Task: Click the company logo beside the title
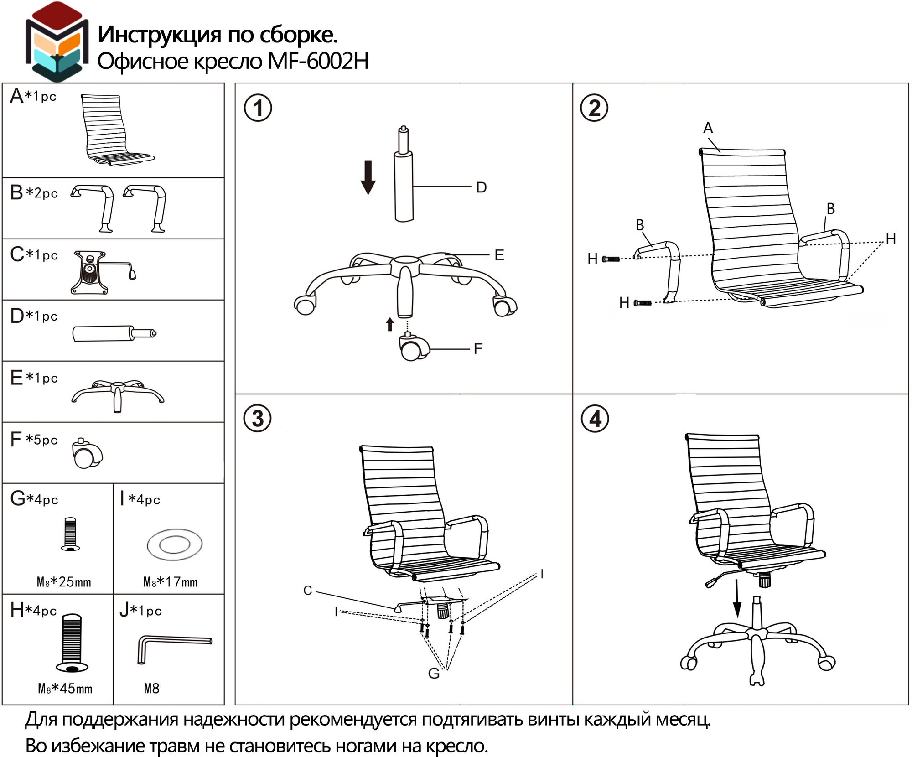point(57,42)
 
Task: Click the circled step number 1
point(258,109)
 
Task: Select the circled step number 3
point(258,419)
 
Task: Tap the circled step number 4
point(595,419)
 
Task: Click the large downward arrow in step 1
point(368,177)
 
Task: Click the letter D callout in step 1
point(482,187)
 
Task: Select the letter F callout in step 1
point(478,349)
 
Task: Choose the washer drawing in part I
point(175,544)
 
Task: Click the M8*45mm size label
point(65,689)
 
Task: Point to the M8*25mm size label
point(64,582)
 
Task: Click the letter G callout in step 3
point(434,673)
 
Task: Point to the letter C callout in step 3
point(308,591)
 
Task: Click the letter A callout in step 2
point(708,128)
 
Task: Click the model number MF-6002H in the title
point(318,61)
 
